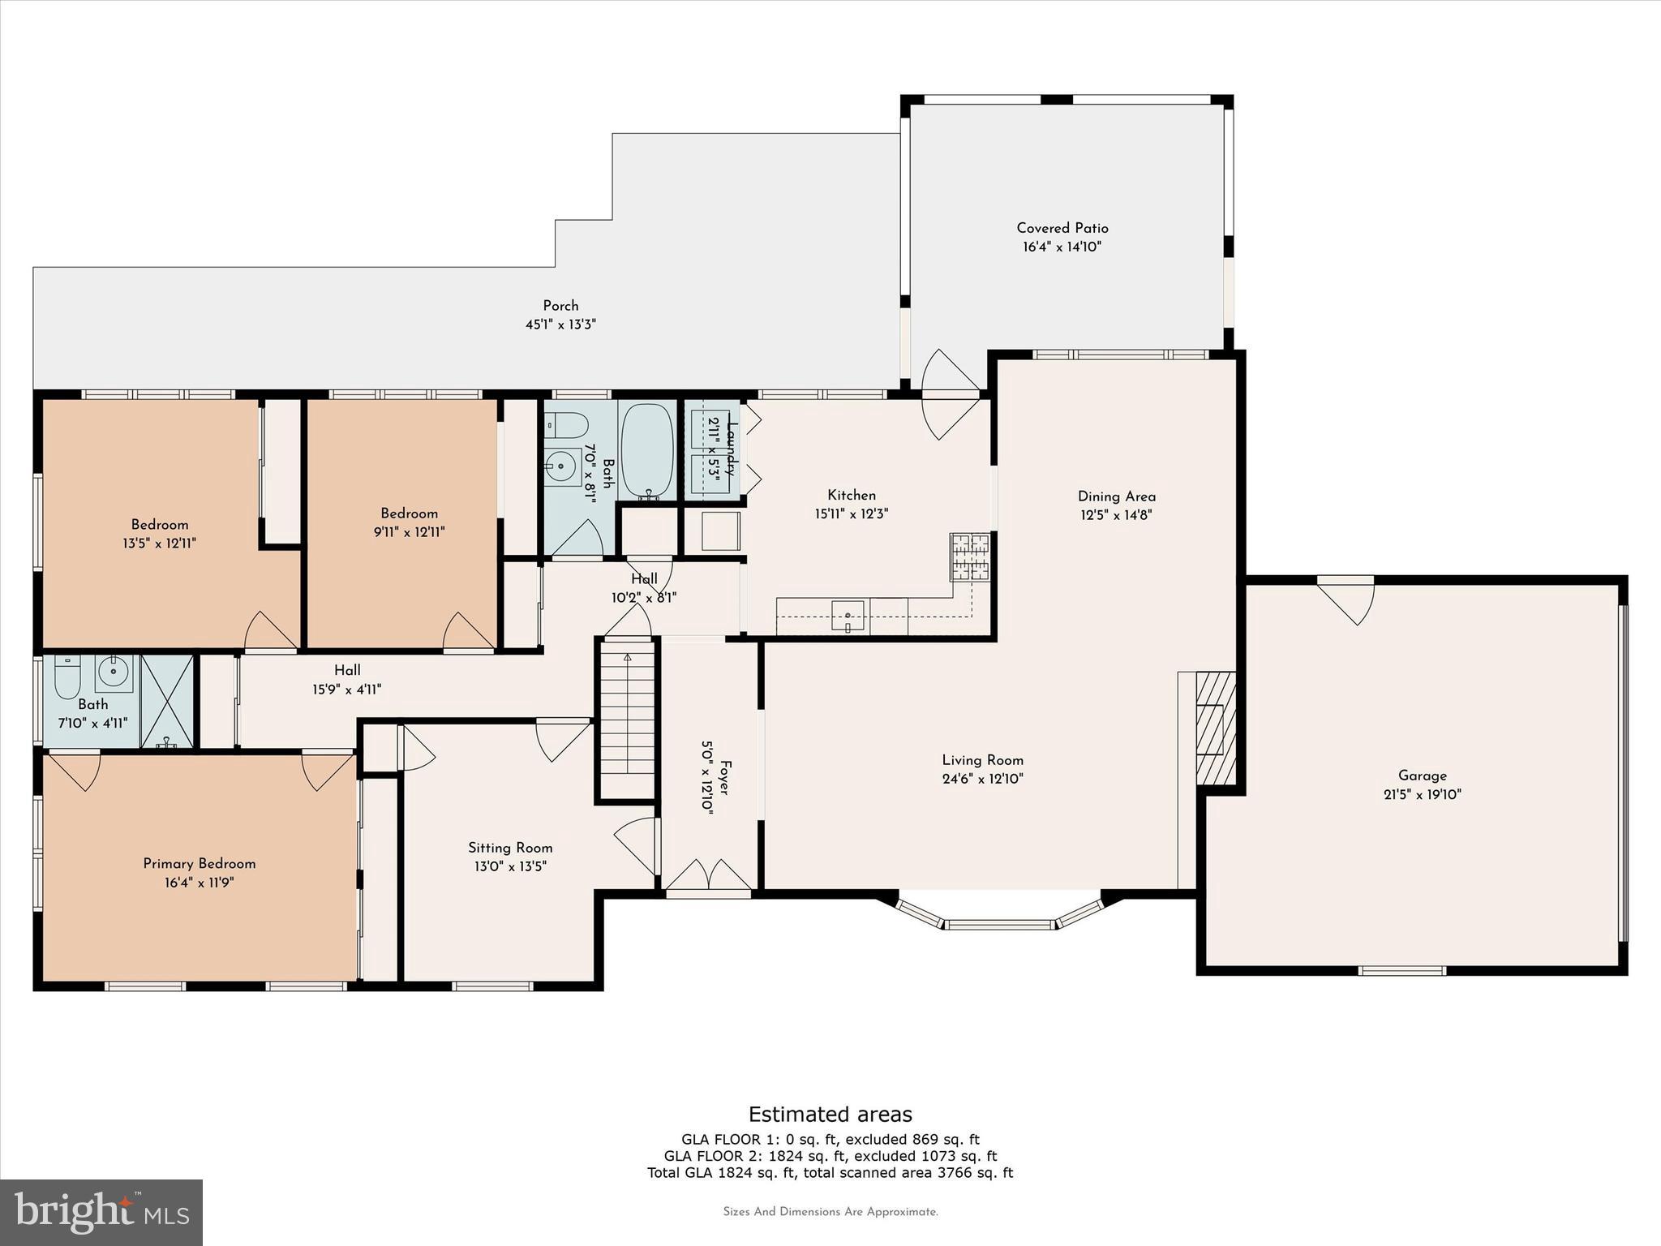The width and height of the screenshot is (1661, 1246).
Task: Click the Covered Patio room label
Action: click(x=1062, y=229)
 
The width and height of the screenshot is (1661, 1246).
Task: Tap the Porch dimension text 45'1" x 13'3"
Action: click(x=560, y=324)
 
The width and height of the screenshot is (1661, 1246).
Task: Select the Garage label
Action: click(x=1422, y=776)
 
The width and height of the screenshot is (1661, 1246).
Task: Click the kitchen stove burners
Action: click(x=970, y=556)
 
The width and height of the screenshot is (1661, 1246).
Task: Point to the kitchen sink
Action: click(x=848, y=617)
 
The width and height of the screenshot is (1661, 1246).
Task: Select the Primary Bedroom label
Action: click(x=200, y=864)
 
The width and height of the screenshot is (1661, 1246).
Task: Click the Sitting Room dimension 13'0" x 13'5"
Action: click(x=510, y=866)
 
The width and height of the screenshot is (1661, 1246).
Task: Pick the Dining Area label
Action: click(x=1117, y=496)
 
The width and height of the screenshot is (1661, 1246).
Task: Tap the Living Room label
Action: click(x=982, y=760)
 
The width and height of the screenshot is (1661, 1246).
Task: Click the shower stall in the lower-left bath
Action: click(x=167, y=702)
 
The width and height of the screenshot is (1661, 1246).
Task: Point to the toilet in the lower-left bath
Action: click(x=67, y=677)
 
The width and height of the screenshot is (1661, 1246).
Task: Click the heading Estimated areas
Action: click(x=830, y=1114)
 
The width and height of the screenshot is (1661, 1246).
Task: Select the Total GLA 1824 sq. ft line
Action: click(x=830, y=1172)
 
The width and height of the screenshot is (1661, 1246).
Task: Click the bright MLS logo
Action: click(x=101, y=1212)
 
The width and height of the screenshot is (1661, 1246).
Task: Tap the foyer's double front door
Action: click(x=709, y=875)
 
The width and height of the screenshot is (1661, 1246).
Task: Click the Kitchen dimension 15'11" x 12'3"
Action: click(x=852, y=513)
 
